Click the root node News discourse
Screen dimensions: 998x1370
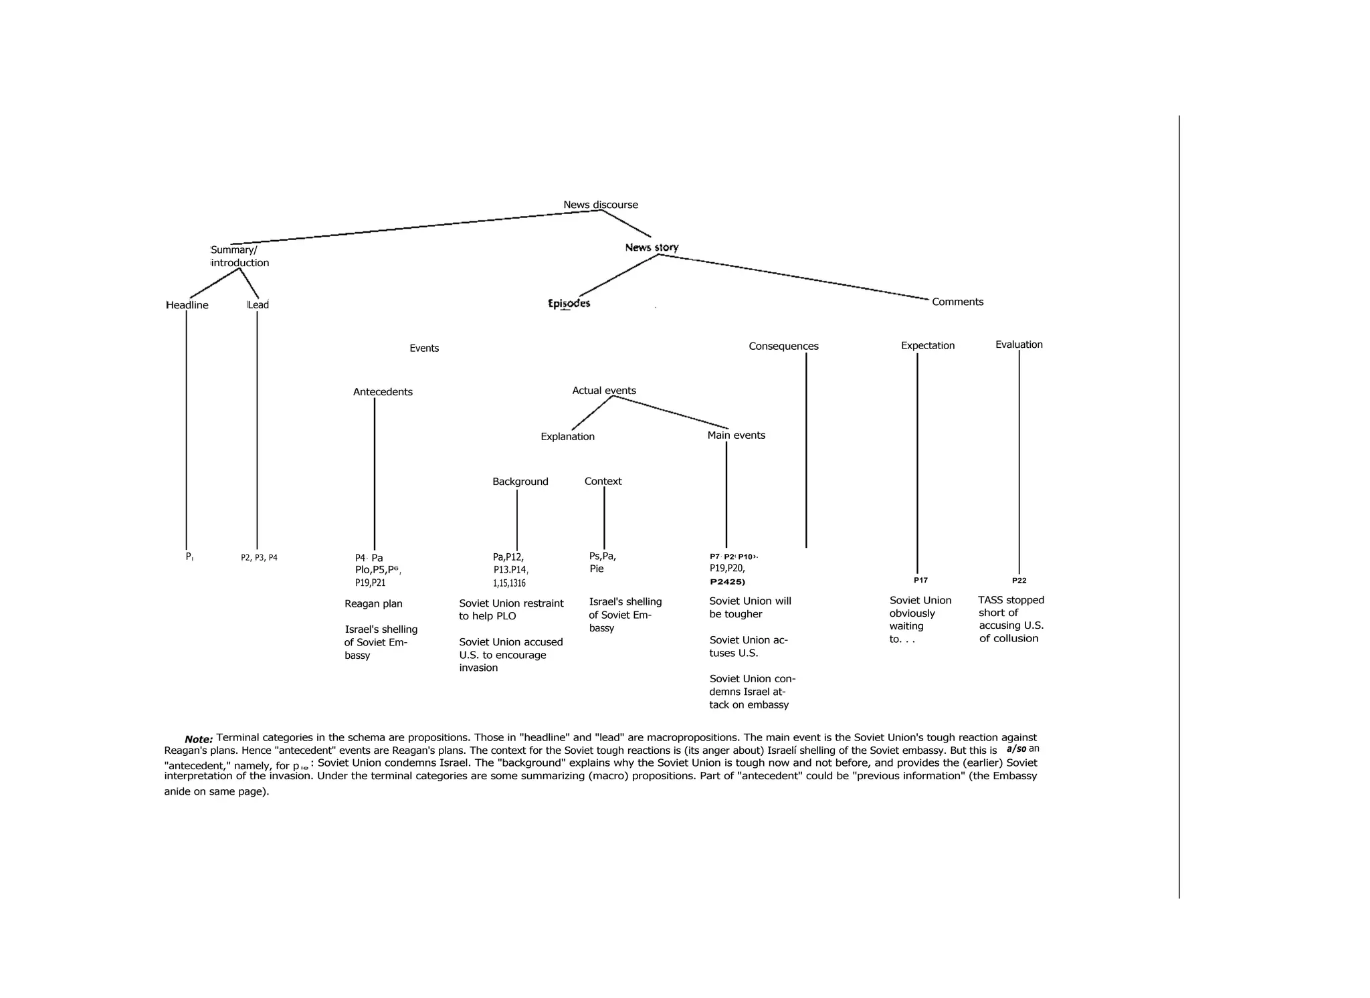600,205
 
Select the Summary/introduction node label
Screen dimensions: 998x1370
239,256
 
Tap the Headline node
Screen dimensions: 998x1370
187,305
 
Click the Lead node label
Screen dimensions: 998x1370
258,305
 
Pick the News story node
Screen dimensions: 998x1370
652,247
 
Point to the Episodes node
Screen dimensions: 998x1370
569,303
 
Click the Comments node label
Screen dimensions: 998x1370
957,302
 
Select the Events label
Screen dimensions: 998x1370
424,348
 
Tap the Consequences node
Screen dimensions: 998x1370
783,346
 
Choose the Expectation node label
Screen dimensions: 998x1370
927,345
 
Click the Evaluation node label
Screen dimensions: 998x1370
1019,344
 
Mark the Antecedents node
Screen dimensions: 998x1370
383,392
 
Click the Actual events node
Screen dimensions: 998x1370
604,391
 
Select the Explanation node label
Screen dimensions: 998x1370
567,437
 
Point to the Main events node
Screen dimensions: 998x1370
736,435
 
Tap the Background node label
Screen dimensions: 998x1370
520,482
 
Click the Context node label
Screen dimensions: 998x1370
603,481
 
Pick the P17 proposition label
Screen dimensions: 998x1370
920,580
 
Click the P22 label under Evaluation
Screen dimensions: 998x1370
1019,581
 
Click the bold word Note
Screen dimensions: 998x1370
199,739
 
